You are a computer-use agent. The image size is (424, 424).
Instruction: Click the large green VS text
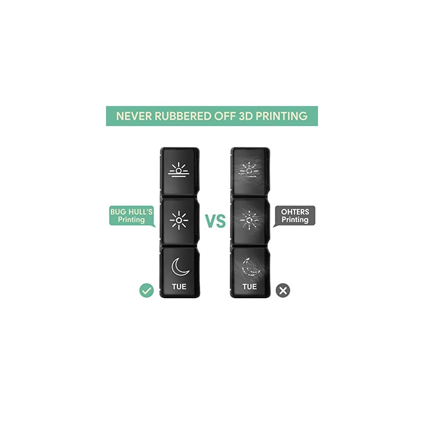tap(215, 221)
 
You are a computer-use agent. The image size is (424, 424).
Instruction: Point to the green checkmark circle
tap(146, 290)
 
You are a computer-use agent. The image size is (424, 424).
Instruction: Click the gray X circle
tap(283, 290)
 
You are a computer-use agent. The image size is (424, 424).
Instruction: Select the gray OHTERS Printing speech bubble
tap(295, 215)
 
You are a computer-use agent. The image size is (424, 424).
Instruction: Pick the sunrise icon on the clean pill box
tap(179, 170)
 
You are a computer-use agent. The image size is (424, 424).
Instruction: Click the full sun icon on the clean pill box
tap(179, 220)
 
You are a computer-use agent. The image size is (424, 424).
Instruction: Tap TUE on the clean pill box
tap(179, 287)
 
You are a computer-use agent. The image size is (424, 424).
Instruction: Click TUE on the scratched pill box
tap(249, 287)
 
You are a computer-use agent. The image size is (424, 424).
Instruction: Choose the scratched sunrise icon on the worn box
tap(249, 170)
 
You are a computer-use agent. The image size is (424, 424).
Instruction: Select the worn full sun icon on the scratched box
tap(249, 220)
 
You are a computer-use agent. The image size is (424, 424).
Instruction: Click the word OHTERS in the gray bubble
tap(295, 211)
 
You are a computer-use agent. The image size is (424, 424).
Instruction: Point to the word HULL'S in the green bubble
tap(138, 211)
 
